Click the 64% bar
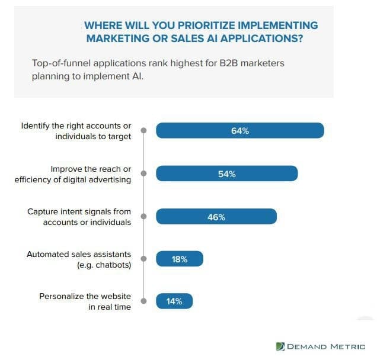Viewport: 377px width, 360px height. [239, 131]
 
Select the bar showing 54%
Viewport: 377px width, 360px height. [226, 173]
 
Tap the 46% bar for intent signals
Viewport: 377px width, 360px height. [216, 217]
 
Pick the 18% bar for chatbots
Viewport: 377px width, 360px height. [179, 259]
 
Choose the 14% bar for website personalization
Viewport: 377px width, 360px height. [174, 301]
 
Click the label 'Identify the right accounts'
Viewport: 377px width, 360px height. [76, 126]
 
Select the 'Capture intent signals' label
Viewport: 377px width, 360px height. [79, 211]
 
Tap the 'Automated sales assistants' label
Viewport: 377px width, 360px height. [79, 254]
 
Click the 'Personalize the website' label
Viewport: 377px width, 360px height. [85, 296]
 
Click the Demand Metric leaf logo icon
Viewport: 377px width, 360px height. [280, 346]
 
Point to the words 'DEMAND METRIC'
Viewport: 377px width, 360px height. [327, 346]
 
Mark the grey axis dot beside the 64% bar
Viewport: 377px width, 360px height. [143, 131]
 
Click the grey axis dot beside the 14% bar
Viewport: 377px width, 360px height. [143, 301]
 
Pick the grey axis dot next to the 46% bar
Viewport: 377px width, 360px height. [143, 217]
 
